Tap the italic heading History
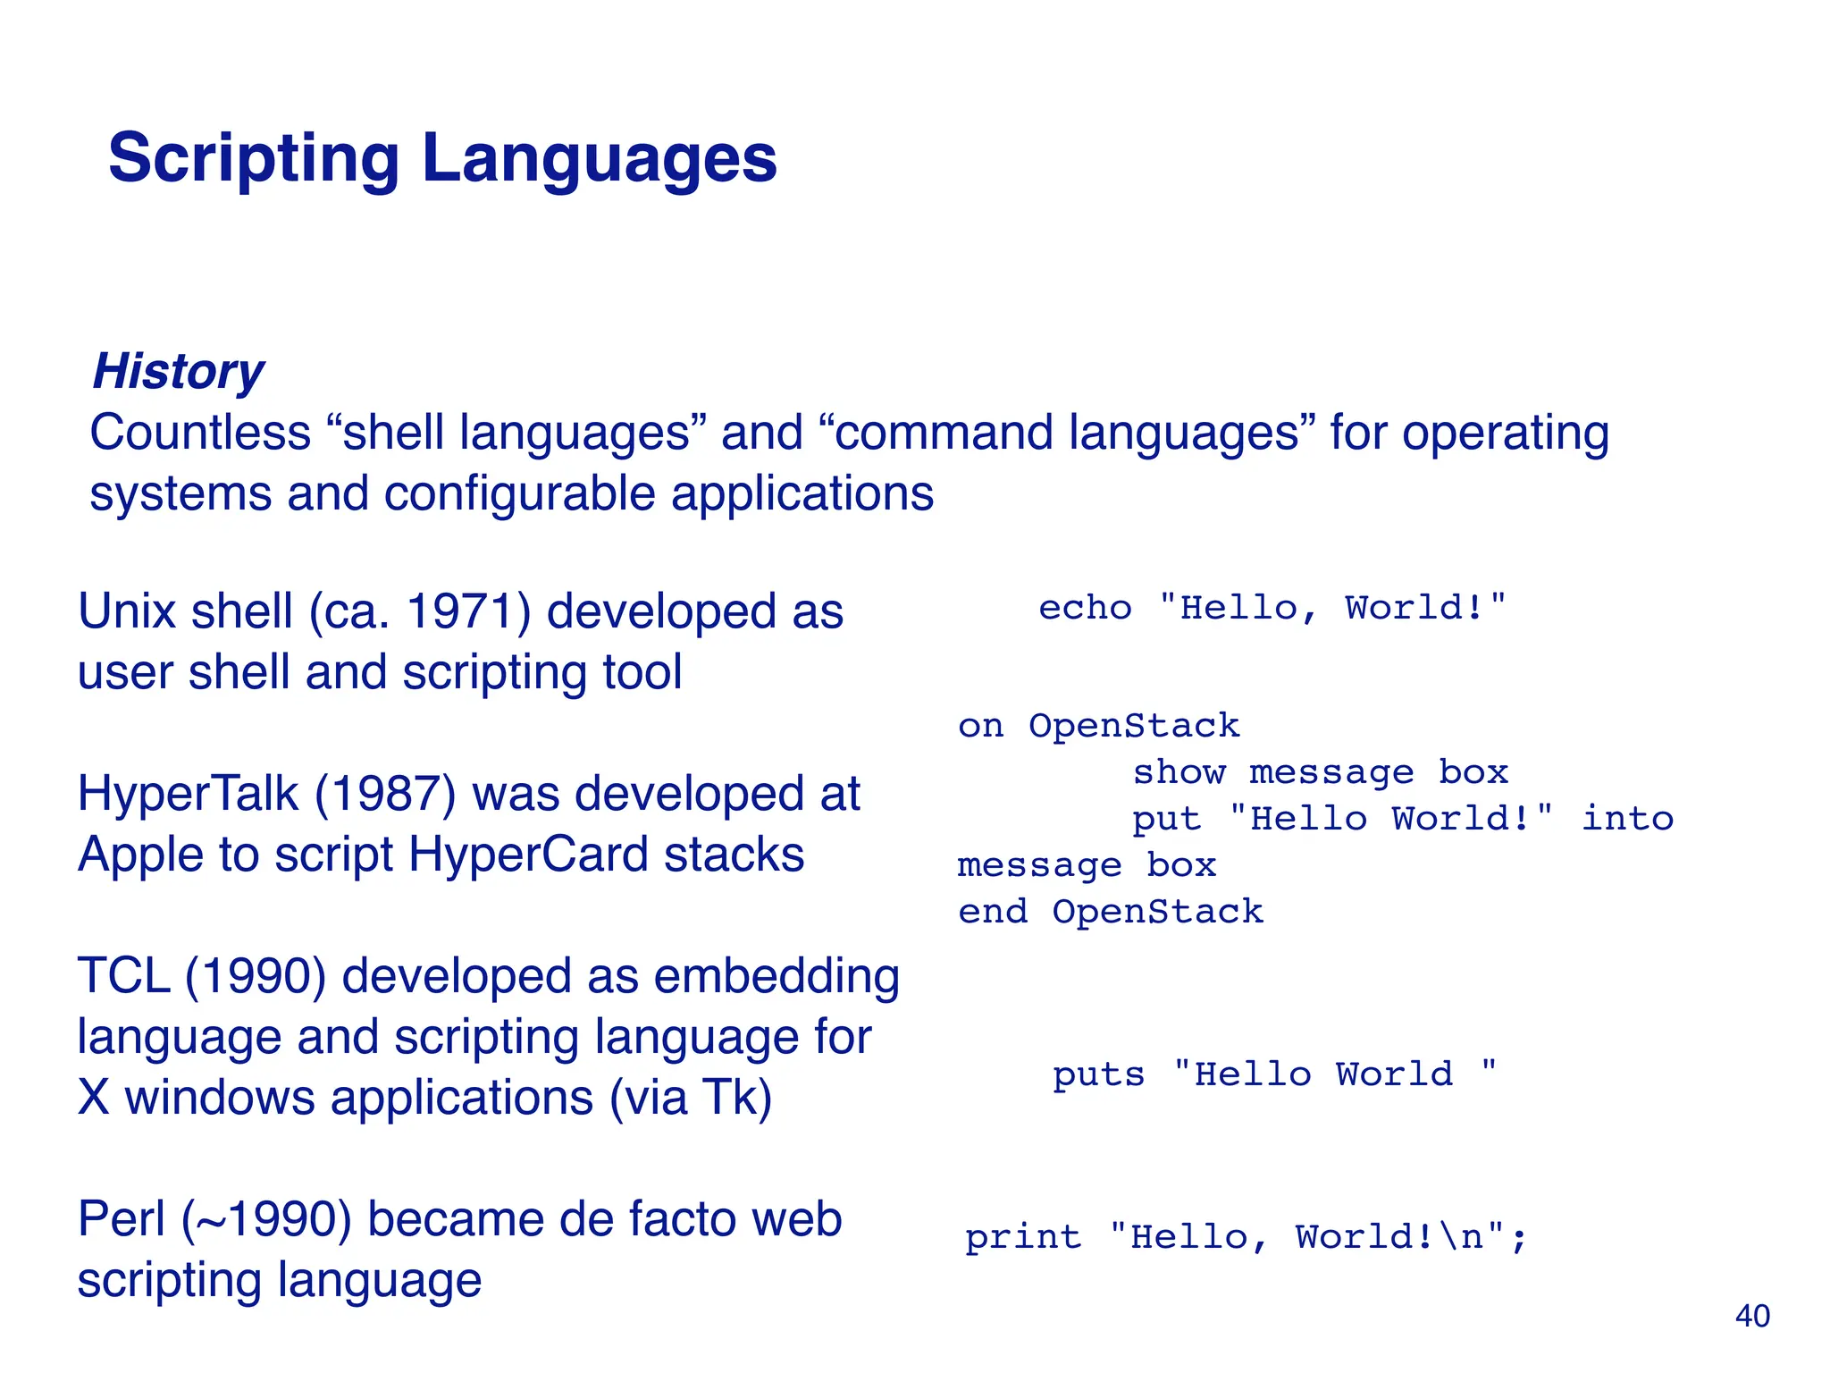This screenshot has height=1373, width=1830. pos(178,371)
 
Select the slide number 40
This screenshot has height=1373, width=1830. pos(1752,1316)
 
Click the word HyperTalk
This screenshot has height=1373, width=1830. pos(188,795)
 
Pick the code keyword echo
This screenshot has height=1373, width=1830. pos(1085,608)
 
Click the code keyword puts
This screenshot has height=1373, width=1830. pos(1098,1074)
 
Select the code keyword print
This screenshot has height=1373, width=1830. pos(1023,1237)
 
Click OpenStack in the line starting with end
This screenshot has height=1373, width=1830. pos(1157,912)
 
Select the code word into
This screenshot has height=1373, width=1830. pos(1627,819)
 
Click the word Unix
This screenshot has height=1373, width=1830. pos(126,612)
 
